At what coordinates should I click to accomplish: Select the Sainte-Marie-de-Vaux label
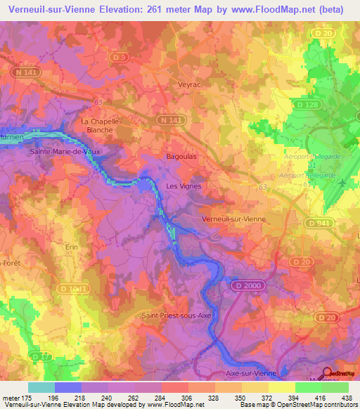click(61, 150)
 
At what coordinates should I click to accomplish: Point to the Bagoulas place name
click(181, 157)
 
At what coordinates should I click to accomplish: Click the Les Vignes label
click(183, 186)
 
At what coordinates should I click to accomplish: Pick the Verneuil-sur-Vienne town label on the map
click(233, 219)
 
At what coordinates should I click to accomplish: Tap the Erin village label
click(71, 247)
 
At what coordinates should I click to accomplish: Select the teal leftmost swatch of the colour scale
click(41, 387)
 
